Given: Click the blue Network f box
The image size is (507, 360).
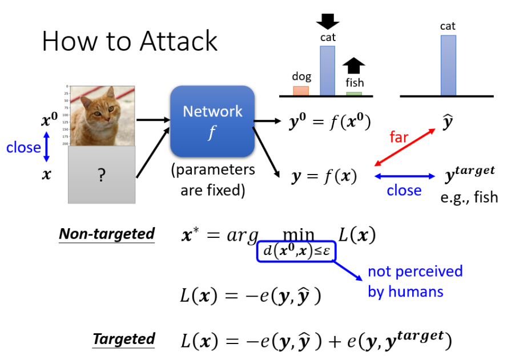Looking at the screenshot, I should pyautogui.click(x=212, y=120).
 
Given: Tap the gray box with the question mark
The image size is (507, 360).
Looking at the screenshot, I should pyautogui.click(x=102, y=175).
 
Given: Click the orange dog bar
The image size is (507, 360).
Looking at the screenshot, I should pyautogui.click(x=301, y=90).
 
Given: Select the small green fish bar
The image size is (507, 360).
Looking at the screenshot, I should pyautogui.click(x=354, y=93).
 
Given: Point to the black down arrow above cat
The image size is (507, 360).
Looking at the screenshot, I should pyautogui.click(x=328, y=21).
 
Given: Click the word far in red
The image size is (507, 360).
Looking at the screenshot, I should pyautogui.click(x=399, y=137).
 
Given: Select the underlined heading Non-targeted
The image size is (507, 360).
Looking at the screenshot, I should pyautogui.click(x=107, y=234).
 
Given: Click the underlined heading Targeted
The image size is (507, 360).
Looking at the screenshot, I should pyautogui.click(x=124, y=339).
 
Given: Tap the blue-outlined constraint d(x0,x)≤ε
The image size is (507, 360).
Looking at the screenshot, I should pyautogui.click(x=296, y=251).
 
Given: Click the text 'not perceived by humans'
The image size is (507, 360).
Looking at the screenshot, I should pyautogui.click(x=415, y=281).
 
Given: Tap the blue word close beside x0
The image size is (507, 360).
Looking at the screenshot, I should pyautogui.click(x=23, y=147).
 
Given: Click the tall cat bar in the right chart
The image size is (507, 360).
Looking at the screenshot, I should pyautogui.click(x=448, y=65).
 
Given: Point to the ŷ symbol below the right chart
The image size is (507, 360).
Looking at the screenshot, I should pyautogui.click(x=448, y=122).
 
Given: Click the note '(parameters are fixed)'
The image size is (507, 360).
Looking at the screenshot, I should pyautogui.click(x=212, y=180).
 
